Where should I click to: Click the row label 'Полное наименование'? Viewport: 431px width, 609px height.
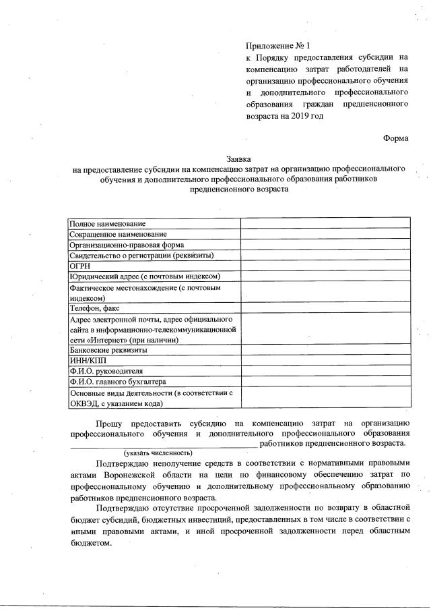[x=108, y=223]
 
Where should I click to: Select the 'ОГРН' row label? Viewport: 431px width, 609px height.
[x=81, y=266]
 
